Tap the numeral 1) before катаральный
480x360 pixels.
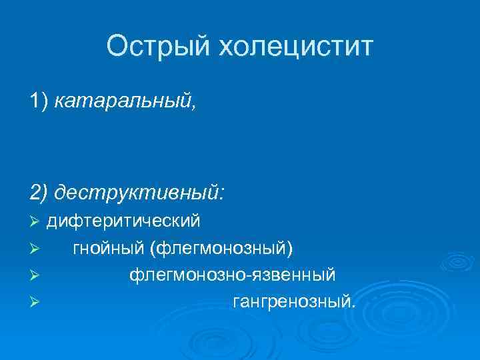(39, 101)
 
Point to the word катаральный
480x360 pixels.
(123, 101)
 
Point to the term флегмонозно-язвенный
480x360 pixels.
(232, 275)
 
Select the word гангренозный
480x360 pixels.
(291, 303)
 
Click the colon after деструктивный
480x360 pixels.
(222, 194)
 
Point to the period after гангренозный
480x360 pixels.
(353, 307)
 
